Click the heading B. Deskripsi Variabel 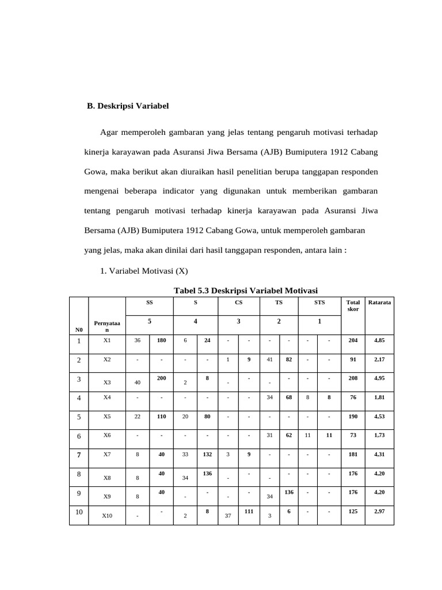tap(128, 106)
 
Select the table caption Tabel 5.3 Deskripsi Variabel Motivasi tap(246, 290)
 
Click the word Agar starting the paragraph tap(112, 133)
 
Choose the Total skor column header tap(353, 305)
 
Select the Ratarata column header tap(379, 302)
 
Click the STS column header tap(319, 302)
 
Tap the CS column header tap(238, 302)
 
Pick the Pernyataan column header tap(106, 326)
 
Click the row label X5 tap(106, 417)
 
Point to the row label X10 tap(107, 516)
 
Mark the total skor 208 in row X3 tap(353, 377)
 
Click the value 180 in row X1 tap(161, 341)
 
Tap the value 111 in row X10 tap(249, 511)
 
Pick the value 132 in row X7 tap(207, 454)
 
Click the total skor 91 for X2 tap(353, 359)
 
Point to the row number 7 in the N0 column tap(78, 455)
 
